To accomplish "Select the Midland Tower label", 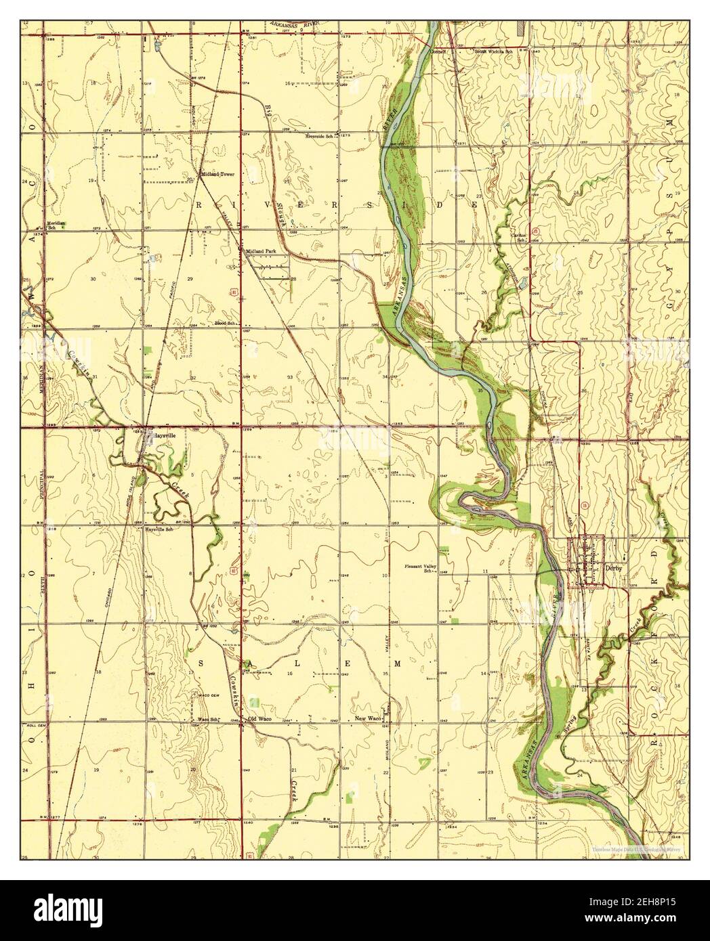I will pyautogui.click(x=217, y=174).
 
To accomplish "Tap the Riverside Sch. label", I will pyautogui.click(x=320, y=136).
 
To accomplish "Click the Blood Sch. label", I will pyautogui.click(x=224, y=324).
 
